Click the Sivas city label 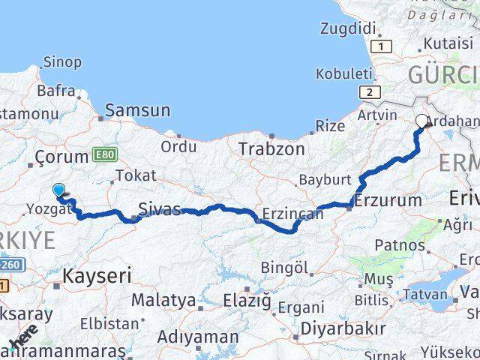(160, 208)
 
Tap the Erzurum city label (388, 200)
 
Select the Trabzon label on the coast (271, 149)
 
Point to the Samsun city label (137, 111)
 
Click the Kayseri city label (97, 275)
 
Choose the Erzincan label (293, 214)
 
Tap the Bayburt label (325, 180)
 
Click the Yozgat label (50, 209)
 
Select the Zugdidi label (347, 28)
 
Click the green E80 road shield (105, 155)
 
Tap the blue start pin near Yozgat (58, 192)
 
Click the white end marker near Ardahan (421, 119)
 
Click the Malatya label (163, 300)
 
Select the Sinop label (63, 62)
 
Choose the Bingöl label (285, 267)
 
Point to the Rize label (330, 126)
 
